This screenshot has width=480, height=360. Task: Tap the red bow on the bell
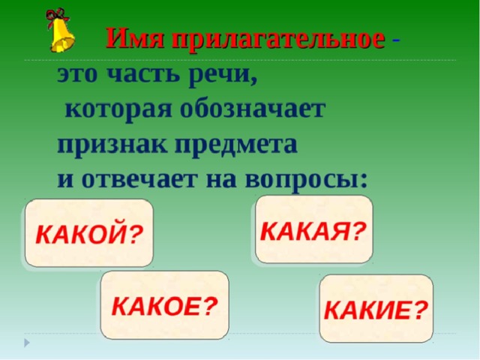click(57, 15)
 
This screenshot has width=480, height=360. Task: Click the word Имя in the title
click(135, 38)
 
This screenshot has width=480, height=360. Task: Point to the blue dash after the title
click(396, 40)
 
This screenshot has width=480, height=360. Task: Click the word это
click(76, 75)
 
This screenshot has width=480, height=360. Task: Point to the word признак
click(112, 146)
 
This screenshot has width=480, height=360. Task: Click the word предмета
click(236, 145)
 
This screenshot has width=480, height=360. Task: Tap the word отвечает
click(139, 179)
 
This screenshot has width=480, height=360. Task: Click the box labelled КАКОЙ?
click(89, 233)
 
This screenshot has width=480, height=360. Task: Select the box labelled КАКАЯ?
click(314, 229)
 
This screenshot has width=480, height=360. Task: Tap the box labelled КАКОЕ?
click(165, 305)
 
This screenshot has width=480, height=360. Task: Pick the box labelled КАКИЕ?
click(376, 308)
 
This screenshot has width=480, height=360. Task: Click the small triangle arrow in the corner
click(27, 343)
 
